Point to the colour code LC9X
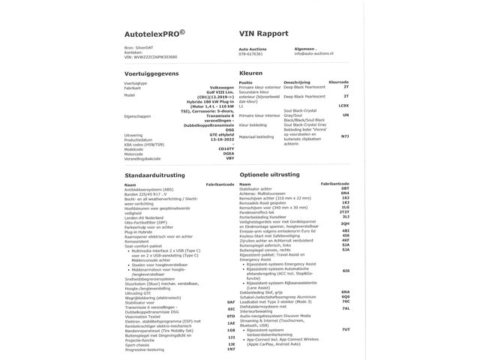tap(343, 106)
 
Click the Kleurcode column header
tap(338, 82)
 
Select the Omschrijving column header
tap(292, 82)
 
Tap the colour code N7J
tap(344, 136)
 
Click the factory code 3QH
tap(345, 223)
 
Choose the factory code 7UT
tap(345, 329)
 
